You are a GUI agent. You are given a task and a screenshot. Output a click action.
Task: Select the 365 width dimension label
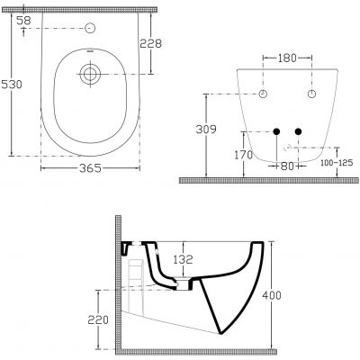pyautogui.click(x=87, y=168)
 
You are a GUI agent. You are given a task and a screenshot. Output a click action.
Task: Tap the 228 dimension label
pyautogui.click(x=152, y=43)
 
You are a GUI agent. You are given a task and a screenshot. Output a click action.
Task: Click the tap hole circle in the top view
pyautogui.click(x=89, y=29)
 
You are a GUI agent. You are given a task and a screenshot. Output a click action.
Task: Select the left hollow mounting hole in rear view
pyautogui.click(x=264, y=94)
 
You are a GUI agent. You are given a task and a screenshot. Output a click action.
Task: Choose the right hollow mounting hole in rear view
pyautogui.click(x=311, y=94)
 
